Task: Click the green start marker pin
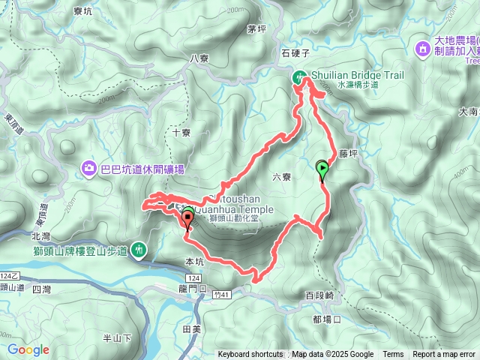click(x=322, y=169)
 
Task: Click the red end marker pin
click(x=186, y=218)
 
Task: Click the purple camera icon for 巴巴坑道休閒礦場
click(x=89, y=168)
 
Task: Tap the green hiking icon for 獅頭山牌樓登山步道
click(x=139, y=248)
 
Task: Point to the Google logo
click(x=28, y=349)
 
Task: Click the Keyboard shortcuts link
click(x=250, y=355)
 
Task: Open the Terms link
click(x=393, y=355)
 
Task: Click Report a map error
click(x=444, y=355)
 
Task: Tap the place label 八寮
click(x=199, y=58)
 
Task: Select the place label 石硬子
click(x=295, y=53)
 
